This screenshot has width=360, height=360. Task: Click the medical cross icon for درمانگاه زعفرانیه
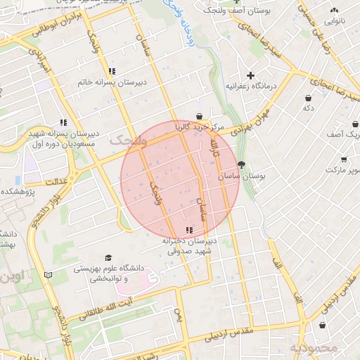(x=250, y=75)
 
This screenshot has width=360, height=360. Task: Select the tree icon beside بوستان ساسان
(x=242, y=165)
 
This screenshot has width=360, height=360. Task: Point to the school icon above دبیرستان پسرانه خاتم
(x=112, y=71)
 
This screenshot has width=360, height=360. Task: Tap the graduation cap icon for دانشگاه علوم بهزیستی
(x=108, y=258)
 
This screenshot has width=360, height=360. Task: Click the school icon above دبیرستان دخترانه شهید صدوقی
(x=188, y=230)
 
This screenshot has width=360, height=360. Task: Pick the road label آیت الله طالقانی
(x=98, y=309)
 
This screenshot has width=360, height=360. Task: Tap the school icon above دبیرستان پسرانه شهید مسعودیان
(x=64, y=122)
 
